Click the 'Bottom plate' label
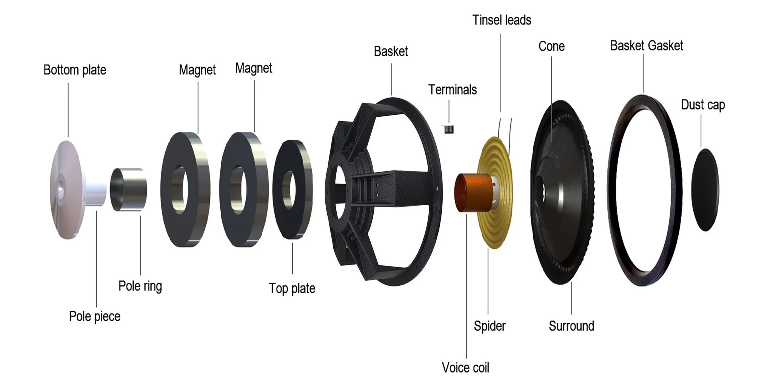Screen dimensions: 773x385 click(75, 70)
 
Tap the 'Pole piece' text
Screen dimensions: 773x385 click(94, 316)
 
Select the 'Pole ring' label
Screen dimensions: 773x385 click(140, 286)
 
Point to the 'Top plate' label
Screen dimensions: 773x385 click(292, 288)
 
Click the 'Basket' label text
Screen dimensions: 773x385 click(391, 51)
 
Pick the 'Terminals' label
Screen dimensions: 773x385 click(452, 90)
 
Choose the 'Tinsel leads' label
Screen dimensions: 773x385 click(502, 20)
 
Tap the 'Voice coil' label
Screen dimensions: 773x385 click(465, 368)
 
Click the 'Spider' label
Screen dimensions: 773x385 click(490, 326)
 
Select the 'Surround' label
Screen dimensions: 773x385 click(571, 326)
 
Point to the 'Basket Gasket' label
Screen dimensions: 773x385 click(647, 46)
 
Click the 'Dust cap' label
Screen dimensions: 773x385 click(703, 105)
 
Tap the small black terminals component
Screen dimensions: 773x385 click(448, 129)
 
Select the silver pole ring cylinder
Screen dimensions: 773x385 click(129, 189)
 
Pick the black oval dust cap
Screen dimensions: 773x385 click(705, 190)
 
